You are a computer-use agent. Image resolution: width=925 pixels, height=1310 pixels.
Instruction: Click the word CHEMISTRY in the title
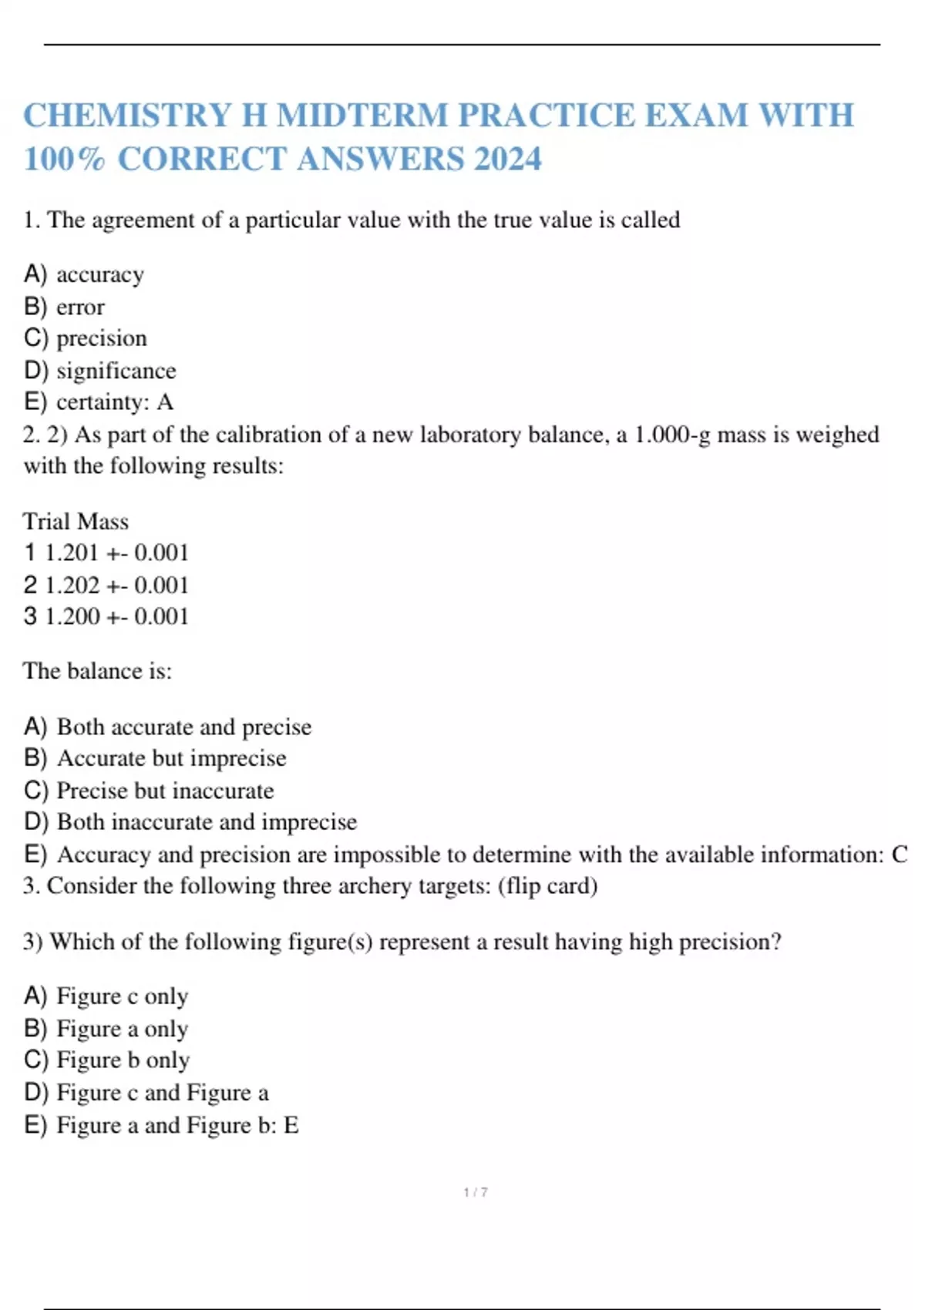(x=127, y=116)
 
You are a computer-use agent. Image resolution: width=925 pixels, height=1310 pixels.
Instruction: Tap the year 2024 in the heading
(x=508, y=160)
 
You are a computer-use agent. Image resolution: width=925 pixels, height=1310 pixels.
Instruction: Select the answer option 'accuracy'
(x=99, y=275)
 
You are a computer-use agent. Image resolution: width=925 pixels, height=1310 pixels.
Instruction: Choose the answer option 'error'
(x=80, y=307)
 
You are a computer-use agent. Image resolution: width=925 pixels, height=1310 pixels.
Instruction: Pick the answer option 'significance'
(x=116, y=371)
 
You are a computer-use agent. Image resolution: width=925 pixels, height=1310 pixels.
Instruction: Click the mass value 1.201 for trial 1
(x=72, y=553)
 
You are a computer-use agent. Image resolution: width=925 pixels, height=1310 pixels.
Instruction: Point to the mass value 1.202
(x=72, y=586)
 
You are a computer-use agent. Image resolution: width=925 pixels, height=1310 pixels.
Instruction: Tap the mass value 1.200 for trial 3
(x=72, y=616)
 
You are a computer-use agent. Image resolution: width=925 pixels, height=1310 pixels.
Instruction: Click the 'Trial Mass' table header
(x=76, y=522)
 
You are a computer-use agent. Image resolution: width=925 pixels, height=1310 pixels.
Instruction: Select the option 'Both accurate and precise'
(x=183, y=727)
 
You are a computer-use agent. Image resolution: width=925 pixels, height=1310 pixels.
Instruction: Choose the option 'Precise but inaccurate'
(x=165, y=791)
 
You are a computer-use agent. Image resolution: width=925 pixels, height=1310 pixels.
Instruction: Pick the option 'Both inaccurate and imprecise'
(x=207, y=822)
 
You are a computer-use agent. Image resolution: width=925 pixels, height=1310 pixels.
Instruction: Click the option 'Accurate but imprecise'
(x=171, y=758)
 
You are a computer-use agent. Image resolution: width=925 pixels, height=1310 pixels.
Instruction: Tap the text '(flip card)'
(x=547, y=886)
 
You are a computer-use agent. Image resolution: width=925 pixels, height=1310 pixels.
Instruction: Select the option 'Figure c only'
(x=122, y=996)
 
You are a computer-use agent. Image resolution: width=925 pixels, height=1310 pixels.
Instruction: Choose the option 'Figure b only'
(x=123, y=1060)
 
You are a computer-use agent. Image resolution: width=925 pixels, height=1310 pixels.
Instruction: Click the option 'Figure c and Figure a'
(x=162, y=1093)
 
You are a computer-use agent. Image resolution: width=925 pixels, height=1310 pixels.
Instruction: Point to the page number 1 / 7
(x=476, y=1192)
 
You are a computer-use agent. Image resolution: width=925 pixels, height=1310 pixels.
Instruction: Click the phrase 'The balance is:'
(x=97, y=671)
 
